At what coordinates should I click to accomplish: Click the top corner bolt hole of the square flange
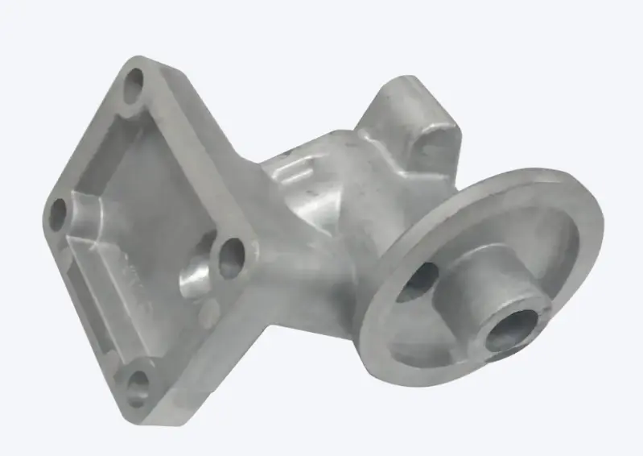click(134, 81)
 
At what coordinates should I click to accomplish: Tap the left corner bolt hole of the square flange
click(58, 212)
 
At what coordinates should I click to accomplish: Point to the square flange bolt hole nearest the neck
click(232, 256)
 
